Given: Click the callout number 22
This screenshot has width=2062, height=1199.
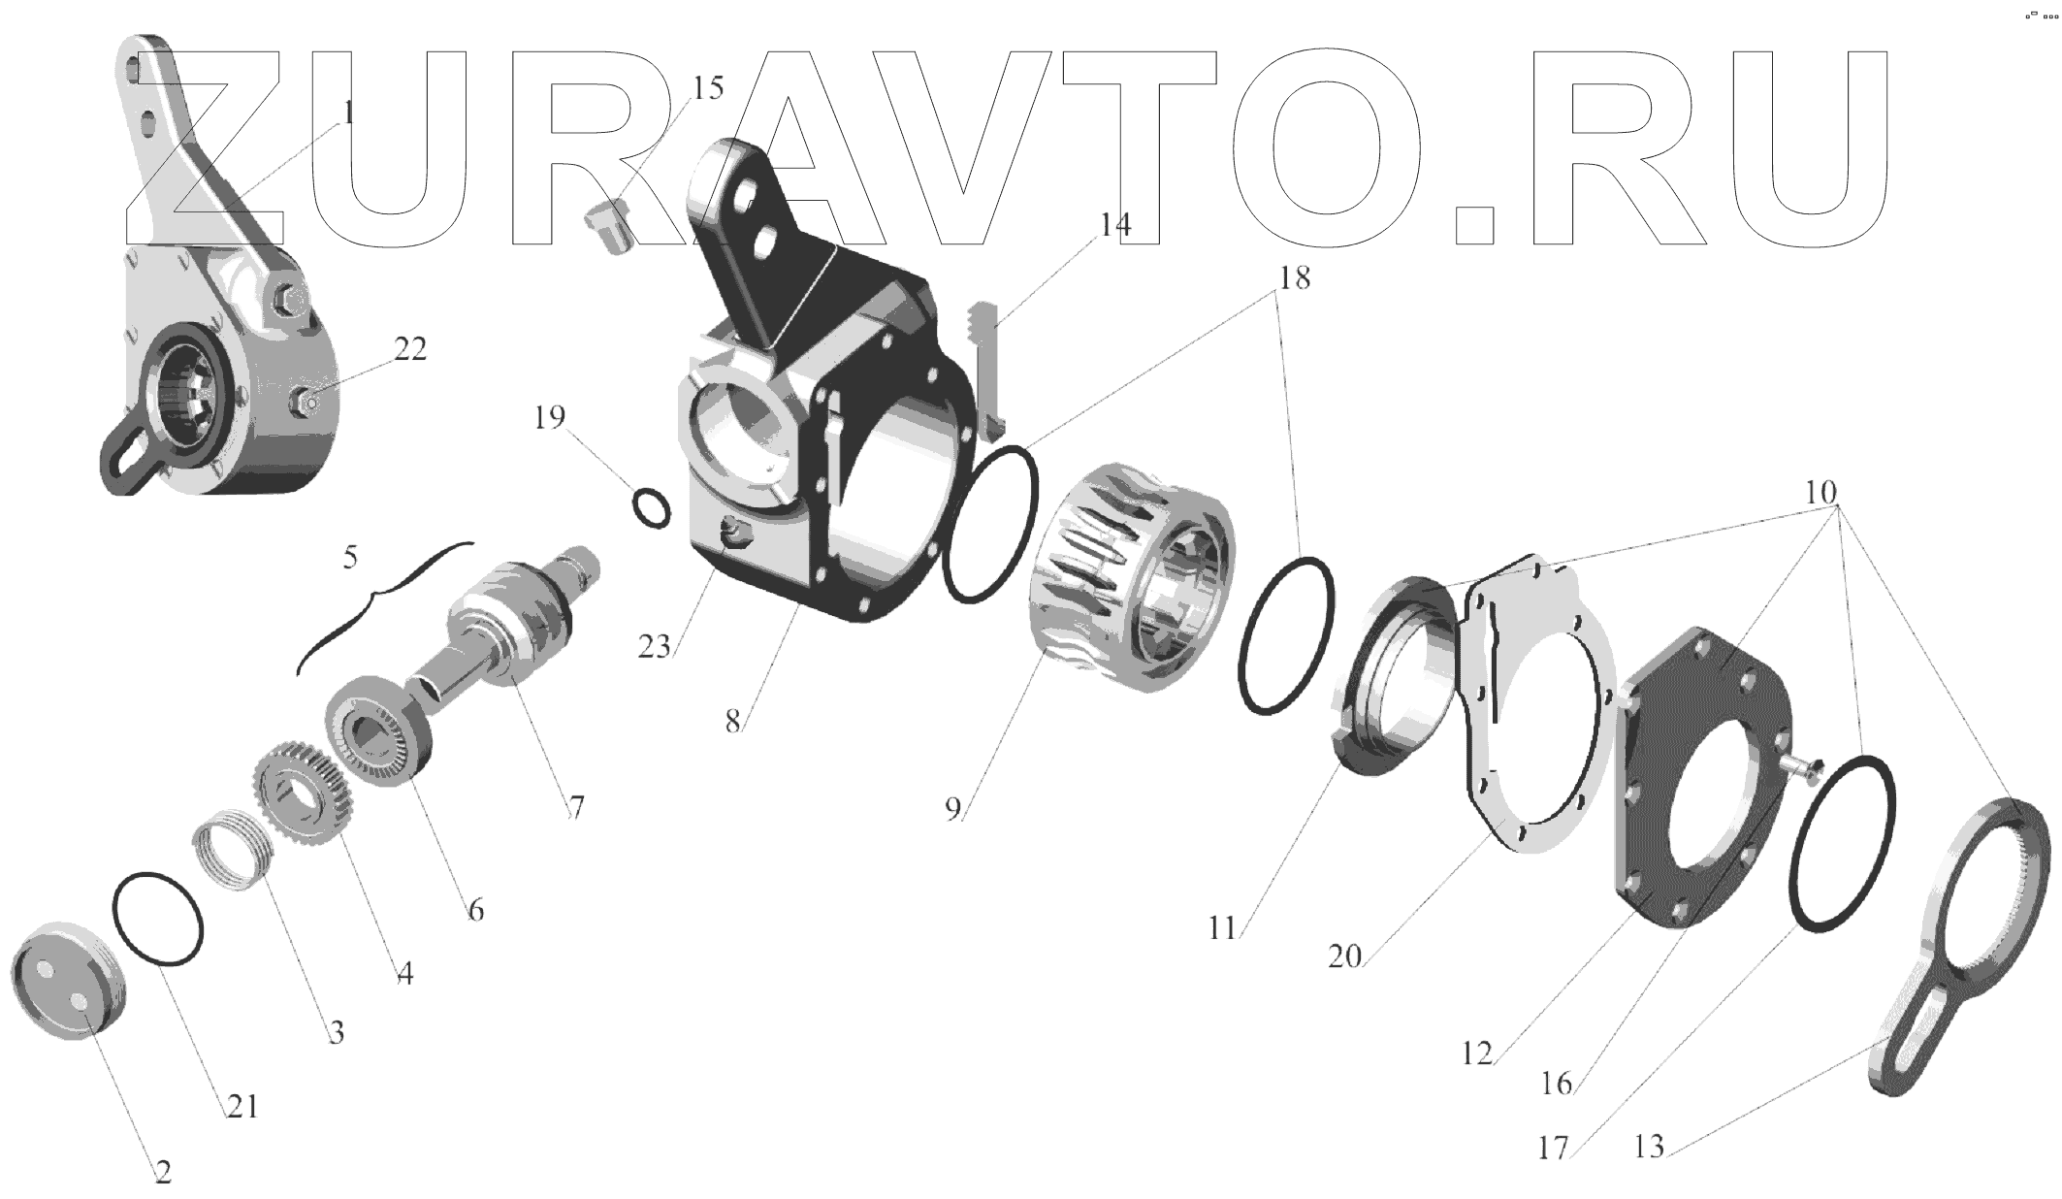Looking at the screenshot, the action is [x=409, y=349].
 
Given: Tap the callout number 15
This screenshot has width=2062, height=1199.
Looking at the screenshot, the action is [x=707, y=88].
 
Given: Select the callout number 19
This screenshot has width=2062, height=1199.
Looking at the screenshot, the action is [x=549, y=418].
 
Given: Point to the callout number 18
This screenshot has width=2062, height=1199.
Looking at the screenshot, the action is [x=1294, y=278].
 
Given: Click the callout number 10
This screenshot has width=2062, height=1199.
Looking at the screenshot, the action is [x=1820, y=493].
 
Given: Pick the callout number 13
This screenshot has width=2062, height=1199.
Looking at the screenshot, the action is [x=1648, y=1149].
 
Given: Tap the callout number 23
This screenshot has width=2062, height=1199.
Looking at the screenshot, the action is [x=655, y=646].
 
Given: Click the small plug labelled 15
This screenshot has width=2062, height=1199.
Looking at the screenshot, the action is [x=608, y=226].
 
